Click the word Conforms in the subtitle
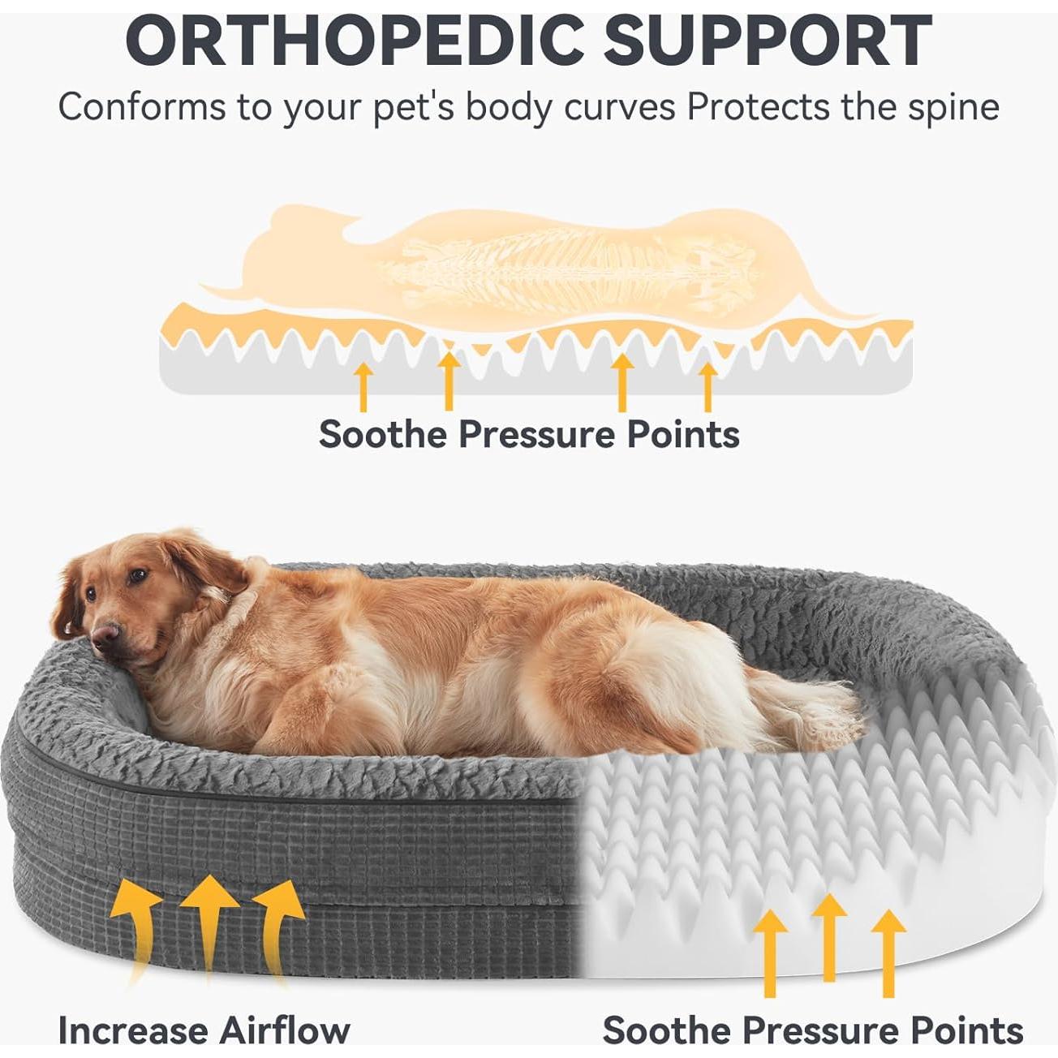point(142,106)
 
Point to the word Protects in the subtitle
point(759,106)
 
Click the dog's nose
point(105,634)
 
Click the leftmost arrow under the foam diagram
point(363,386)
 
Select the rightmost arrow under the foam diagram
point(708,386)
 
